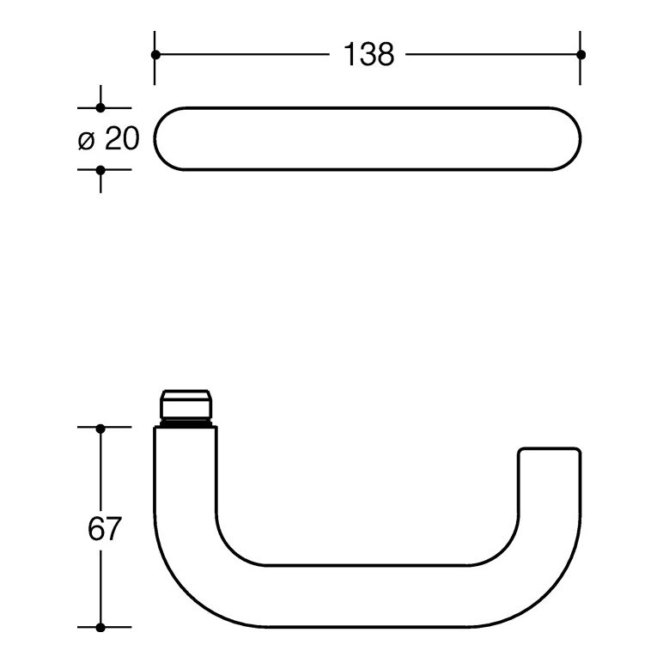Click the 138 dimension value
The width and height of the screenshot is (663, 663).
click(368, 55)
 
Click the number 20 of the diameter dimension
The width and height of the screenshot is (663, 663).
click(122, 138)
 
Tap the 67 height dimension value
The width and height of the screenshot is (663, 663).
click(105, 528)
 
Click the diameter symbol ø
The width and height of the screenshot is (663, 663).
click(87, 141)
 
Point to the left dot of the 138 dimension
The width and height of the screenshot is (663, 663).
click(155, 55)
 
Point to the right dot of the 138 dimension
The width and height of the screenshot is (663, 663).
click(581, 55)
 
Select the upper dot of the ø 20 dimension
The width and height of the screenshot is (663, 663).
click(100, 108)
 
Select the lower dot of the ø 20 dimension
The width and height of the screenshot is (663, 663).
click(100, 170)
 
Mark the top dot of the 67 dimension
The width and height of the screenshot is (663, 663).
click(100, 429)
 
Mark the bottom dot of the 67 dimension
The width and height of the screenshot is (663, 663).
click(100, 628)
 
